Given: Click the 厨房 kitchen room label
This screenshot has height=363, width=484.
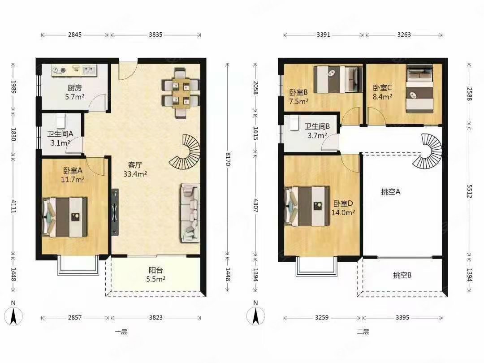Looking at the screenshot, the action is pyautogui.click(x=74, y=88).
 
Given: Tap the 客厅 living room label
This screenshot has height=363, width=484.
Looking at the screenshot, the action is pyautogui.click(x=135, y=165).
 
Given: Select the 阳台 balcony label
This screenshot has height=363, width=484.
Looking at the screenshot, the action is pyautogui.click(x=156, y=270).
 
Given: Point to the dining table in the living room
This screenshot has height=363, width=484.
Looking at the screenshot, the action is pyautogui.click(x=181, y=93).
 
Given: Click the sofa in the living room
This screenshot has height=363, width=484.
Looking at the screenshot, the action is pyautogui.click(x=190, y=213).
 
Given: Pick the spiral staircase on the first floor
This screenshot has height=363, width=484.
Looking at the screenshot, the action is pyautogui.click(x=185, y=151).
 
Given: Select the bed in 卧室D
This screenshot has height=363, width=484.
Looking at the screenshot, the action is pyautogui.click(x=307, y=206).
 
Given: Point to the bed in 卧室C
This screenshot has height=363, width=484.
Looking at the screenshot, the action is pyautogui.click(x=419, y=89).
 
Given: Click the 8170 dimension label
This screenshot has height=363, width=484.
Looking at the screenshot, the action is pyautogui.click(x=228, y=159).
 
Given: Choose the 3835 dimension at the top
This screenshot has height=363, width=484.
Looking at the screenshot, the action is pyautogui.click(x=156, y=35).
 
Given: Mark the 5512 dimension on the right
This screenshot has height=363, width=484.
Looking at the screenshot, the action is pyautogui.click(x=469, y=191).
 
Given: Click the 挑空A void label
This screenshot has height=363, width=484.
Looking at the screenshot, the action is pyautogui.click(x=391, y=192).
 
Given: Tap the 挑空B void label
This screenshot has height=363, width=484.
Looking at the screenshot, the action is pyautogui.click(x=402, y=275).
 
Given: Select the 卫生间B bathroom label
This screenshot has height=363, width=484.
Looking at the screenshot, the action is pyautogui.click(x=317, y=126).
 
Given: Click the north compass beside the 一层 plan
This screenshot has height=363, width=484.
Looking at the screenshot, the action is pyautogui.click(x=13, y=315).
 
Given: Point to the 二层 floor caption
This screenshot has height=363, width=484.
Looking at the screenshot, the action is pyautogui.click(x=363, y=332).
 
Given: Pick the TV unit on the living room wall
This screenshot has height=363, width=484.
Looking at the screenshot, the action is pyautogui.click(x=115, y=212).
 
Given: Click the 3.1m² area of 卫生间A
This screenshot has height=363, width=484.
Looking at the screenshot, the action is pyautogui.click(x=60, y=143).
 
